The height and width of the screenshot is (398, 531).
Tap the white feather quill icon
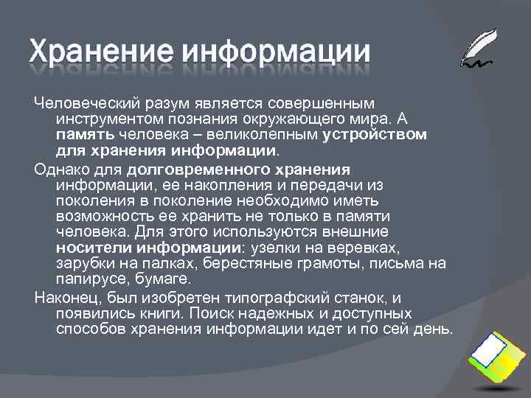pyautogui.click(x=479, y=48)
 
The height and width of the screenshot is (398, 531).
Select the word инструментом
pyautogui.click(x=104, y=119)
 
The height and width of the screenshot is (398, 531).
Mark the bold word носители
pyautogui.click(x=86, y=248)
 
